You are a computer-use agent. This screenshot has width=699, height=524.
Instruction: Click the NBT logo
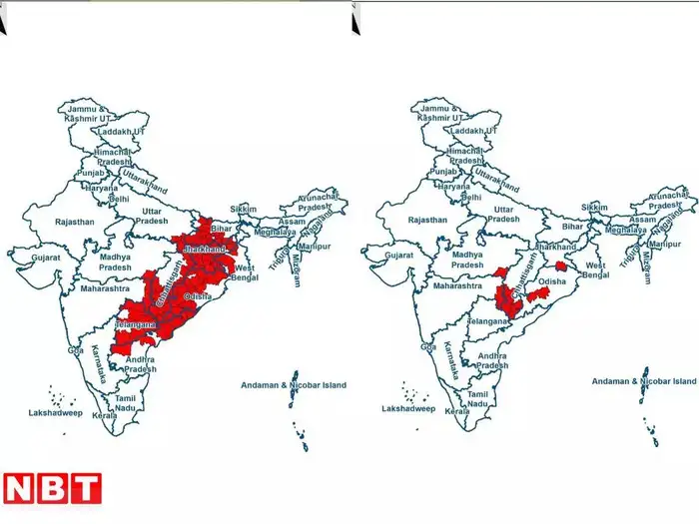pyautogui.click(x=52, y=488)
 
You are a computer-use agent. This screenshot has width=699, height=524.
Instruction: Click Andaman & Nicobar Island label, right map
pyautogui.click(x=644, y=381)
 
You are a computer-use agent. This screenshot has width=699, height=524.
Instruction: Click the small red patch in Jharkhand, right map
pyautogui.click(x=561, y=266)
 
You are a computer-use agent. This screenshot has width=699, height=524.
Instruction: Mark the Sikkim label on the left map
pyautogui.click(x=244, y=209)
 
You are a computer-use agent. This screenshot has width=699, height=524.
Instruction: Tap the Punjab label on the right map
pyautogui.click(x=442, y=173)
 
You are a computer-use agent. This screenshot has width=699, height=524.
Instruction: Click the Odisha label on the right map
pyautogui.click(x=553, y=282)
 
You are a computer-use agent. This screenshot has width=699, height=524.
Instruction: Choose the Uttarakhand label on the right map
pyautogui.click(x=495, y=181)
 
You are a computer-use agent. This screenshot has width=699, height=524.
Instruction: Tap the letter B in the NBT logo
pyautogui.click(x=52, y=488)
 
